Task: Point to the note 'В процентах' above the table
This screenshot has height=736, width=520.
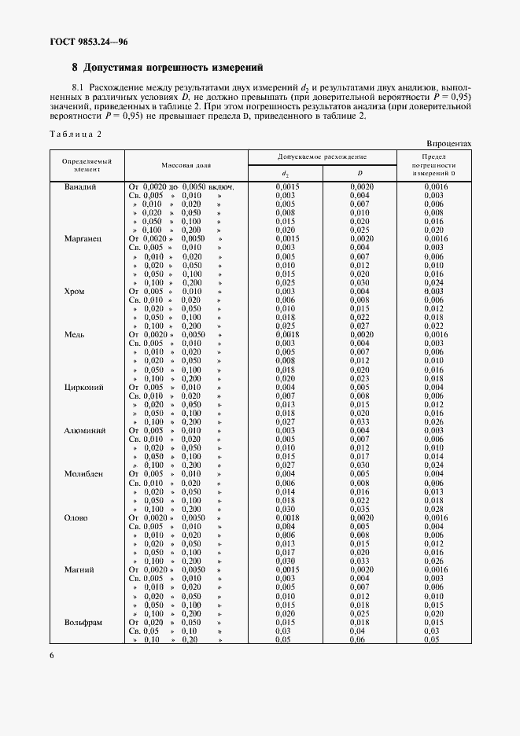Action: pyautogui.click(x=449, y=144)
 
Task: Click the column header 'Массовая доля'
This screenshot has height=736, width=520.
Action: pyautogui.click(x=186, y=166)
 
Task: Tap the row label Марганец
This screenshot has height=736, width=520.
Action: pyautogui.click(x=83, y=238)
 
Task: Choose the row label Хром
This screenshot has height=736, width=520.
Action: pyautogui.click(x=74, y=291)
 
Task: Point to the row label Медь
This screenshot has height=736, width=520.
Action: pyautogui.click(x=75, y=334)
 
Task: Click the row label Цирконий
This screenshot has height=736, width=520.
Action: pyautogui.click(x=84, y=387)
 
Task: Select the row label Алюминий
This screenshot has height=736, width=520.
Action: pyautogui.click(x=85, y=430)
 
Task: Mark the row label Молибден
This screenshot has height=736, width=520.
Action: pyautogui.click(x=86, y=474)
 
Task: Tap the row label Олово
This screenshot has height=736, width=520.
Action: pyautogui.click(x=76, y=518)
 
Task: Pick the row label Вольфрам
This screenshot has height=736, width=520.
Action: pyautogui.click(x=85, y=622)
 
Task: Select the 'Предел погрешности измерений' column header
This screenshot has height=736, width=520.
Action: pyautogui.click(x=434, y=166)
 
